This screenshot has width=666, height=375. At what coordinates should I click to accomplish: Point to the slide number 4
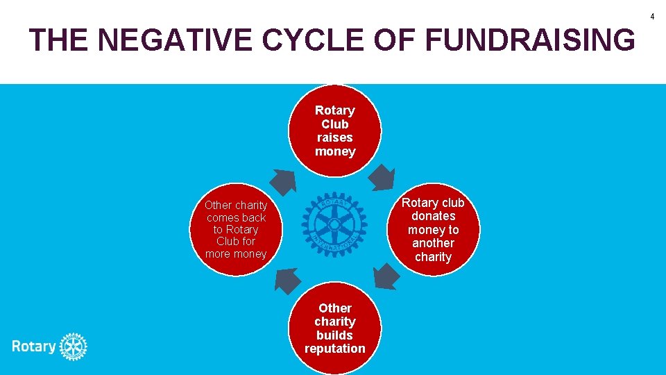pos(652,16)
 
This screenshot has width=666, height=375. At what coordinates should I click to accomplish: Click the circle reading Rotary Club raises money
pos(334,131)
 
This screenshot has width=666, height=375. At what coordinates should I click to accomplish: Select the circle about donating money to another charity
pos(433,229)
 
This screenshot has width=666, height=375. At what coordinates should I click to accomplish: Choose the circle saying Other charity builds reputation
pos(334,328)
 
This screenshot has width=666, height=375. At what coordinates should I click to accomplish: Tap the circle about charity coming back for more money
pos(236,229)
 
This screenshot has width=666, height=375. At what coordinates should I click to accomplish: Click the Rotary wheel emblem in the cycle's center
pos(334,224)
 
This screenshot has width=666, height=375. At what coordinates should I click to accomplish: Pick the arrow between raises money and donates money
pos(381,177)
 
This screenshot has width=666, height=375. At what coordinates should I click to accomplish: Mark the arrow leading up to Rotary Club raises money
pos(282,180)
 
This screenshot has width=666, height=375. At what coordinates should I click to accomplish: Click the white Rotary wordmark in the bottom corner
pos(33,346)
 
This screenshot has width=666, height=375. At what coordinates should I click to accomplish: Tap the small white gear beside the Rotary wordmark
pos(73,346)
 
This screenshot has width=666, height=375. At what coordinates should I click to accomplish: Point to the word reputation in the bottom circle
pos(334,349)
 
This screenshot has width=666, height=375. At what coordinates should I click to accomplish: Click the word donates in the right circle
pos(433,216)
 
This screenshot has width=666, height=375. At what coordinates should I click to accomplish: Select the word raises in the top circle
pos(334,137)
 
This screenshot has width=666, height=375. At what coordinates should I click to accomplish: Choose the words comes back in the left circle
pos(236,217)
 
